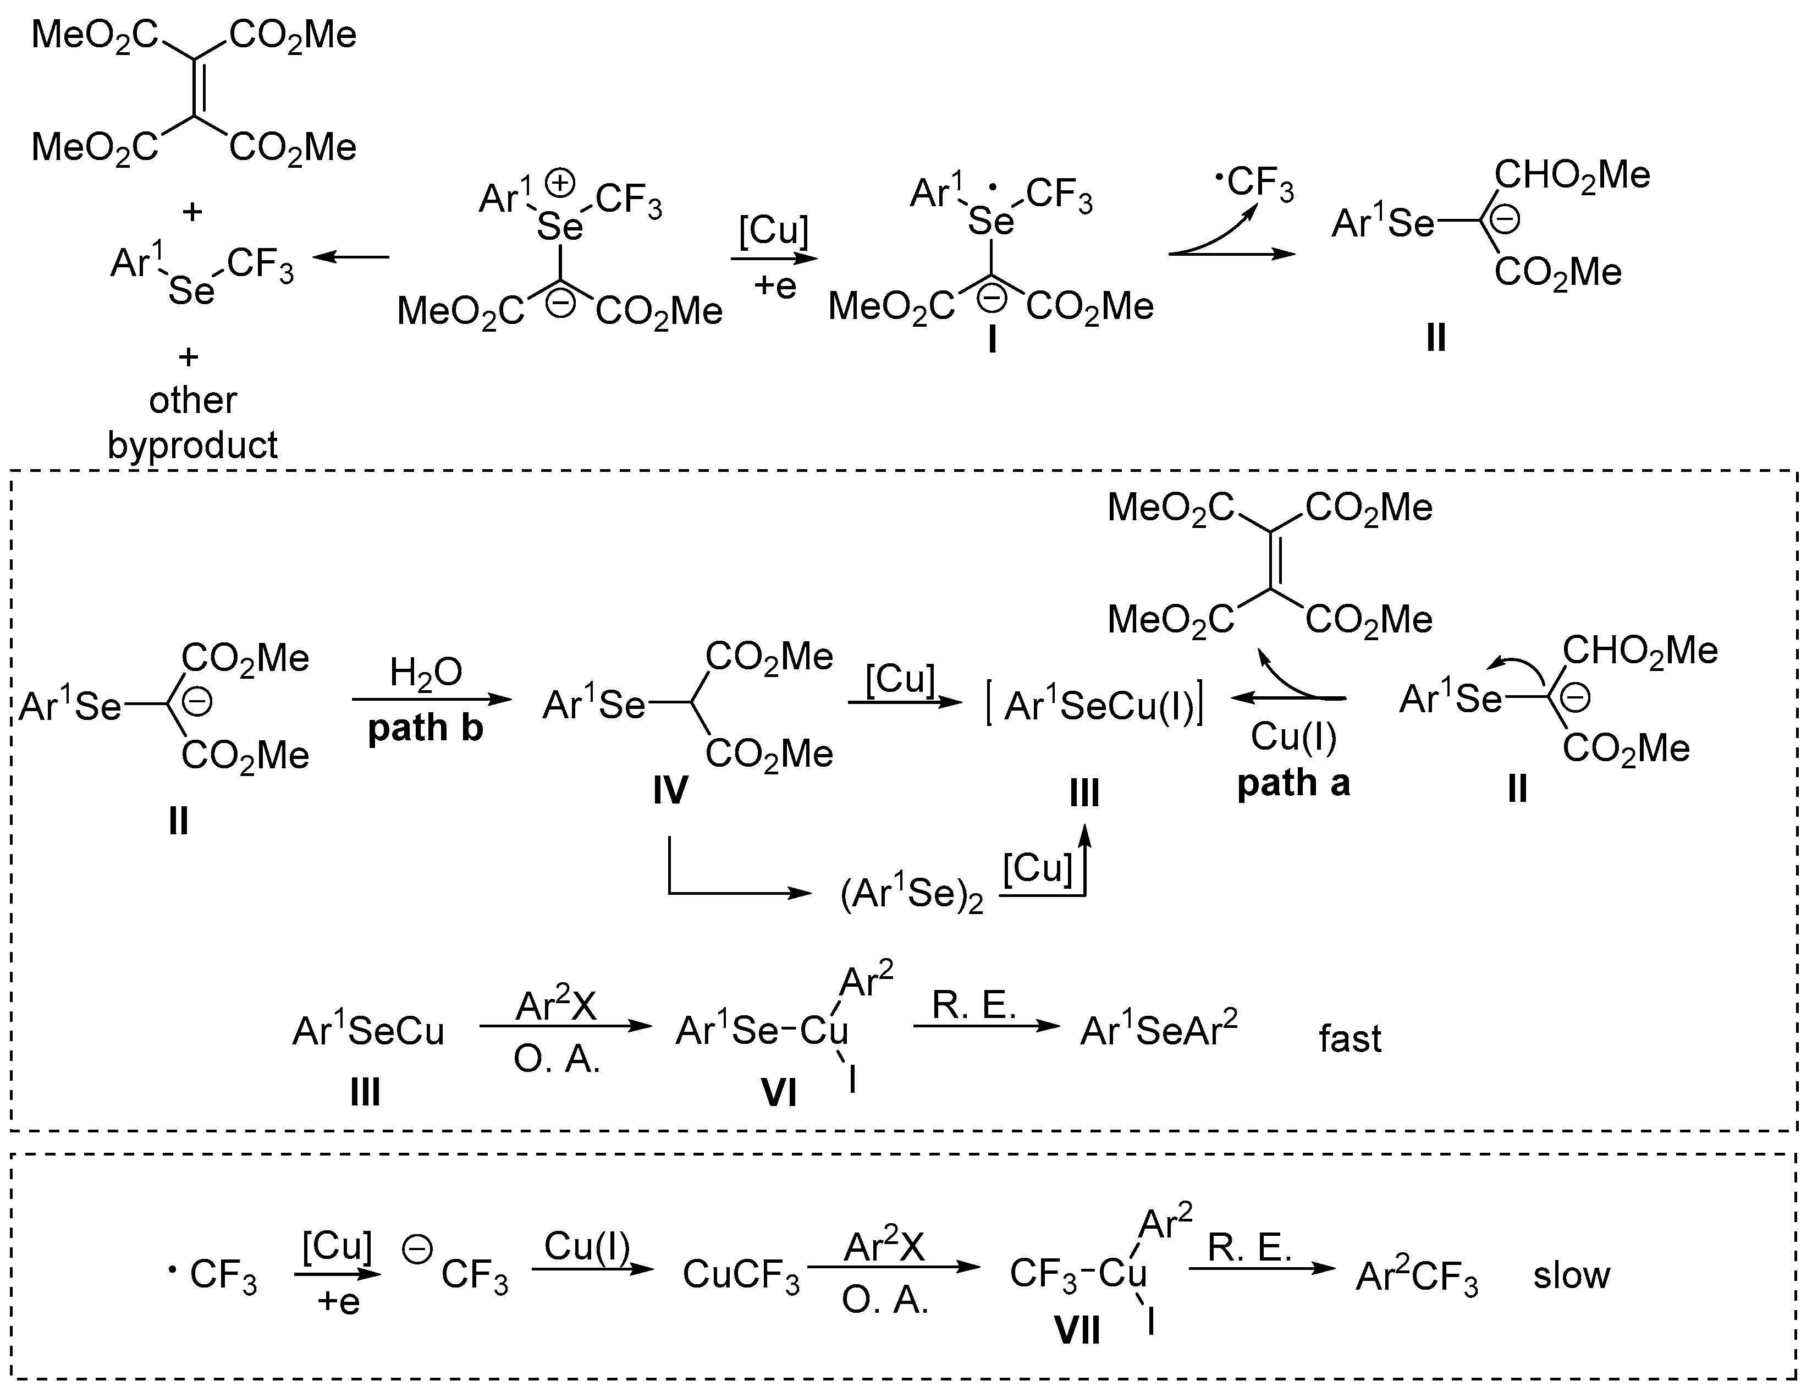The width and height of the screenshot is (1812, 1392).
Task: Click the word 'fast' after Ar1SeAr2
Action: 1350,1038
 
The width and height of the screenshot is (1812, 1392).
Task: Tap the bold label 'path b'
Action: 425,728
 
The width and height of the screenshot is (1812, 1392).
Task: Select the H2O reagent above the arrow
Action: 426,673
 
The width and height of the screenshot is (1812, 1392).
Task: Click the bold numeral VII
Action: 1077,1331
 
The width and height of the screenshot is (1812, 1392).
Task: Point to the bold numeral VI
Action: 778,1094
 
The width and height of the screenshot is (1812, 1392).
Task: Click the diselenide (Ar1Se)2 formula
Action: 911,895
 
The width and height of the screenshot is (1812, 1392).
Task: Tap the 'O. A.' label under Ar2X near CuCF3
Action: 885,1301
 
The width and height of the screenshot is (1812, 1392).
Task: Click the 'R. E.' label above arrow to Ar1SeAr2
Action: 973,1005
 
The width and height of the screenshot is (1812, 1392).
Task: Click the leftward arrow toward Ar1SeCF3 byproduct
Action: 350,258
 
